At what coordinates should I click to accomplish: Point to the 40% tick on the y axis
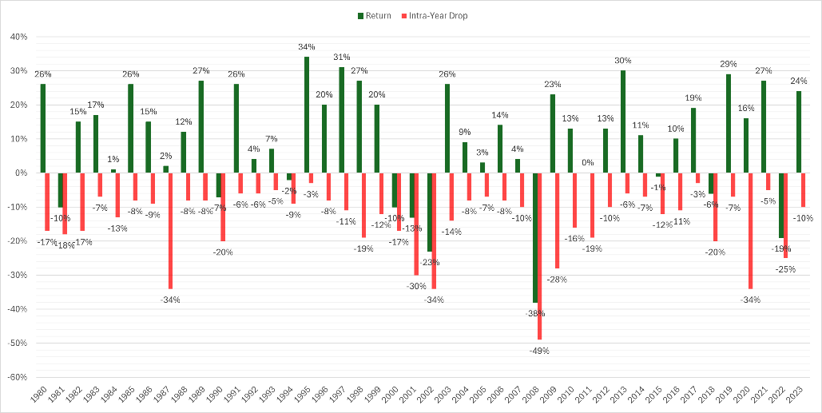point(18,37)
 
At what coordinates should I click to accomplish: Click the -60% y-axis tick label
point(16,377)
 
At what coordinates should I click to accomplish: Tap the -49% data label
point(540,351)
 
